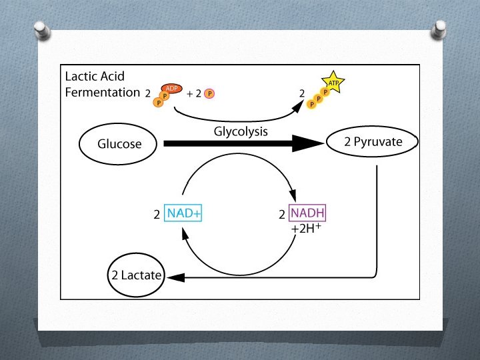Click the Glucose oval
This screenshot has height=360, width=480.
coord(119,143)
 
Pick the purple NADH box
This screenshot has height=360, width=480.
coord(307,214)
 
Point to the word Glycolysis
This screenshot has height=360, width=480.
coord(241,131)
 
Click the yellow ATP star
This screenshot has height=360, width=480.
coord(333,83)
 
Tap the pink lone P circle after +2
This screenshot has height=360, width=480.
coord(209,94)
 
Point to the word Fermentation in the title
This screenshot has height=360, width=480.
coord(102,92)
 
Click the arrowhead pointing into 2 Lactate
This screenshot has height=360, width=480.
coord(171,275)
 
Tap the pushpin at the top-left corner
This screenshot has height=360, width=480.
coord(40,31)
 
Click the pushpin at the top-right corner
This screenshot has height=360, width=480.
coord(439,28)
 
